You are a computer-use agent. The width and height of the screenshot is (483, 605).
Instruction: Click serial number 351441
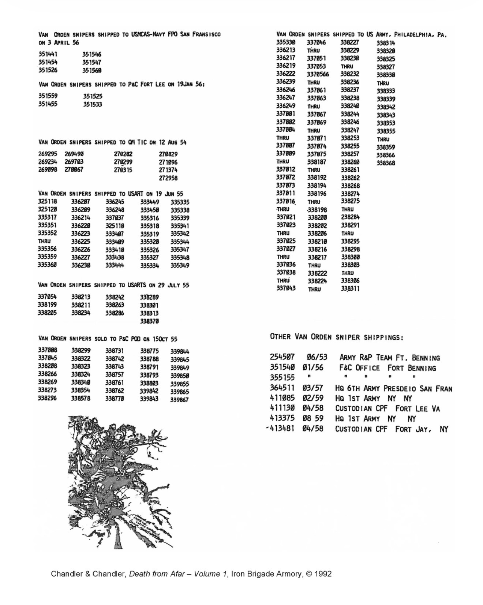click(48, 54)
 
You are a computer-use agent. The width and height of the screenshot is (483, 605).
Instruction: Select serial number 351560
click(92, 70)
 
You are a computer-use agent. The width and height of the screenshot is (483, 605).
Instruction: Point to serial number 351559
click(48, 96)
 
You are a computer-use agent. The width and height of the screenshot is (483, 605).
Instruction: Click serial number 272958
click(168, 178)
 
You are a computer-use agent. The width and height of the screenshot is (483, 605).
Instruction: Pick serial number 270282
click(123, 154)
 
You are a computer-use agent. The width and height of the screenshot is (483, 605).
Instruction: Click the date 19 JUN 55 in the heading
click(169, 194)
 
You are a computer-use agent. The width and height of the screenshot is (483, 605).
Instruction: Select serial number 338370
click(149, 321)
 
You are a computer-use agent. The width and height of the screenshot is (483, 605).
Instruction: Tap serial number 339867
click(179, 400)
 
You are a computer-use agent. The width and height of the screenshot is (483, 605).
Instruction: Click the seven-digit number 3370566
click(318, 74)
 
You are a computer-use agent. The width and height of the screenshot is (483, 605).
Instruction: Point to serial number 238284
click(350, 217)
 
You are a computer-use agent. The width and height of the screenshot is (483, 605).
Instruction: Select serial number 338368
click(386, 163)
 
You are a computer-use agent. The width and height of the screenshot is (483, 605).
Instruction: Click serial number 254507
click(282, 357)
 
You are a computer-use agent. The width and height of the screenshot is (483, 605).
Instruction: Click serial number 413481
click(282, 429)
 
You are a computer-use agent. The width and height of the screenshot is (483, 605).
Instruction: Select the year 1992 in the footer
click(322, 574)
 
